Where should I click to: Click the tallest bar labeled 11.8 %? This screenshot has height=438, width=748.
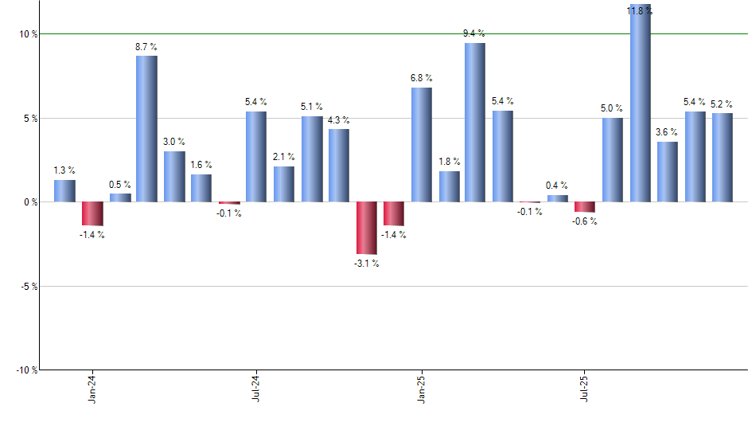pyautogui.click(x=641, y=104)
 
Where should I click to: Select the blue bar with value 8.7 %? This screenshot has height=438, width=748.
pyautogui.click(x=146, y=128)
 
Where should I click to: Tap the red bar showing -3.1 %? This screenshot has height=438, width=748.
pyautogui.click(x=367, y=228)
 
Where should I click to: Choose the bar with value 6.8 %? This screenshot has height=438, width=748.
pyautogui.click(x=421, y=144)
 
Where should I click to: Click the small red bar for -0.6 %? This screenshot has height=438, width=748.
pyautogui.click(x=585, y=207)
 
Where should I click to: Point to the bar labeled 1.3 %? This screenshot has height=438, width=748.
pyautogui.click(x=64, y=191)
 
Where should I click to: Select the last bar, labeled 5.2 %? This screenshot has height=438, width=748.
pyautogui.click(x=723, y=157)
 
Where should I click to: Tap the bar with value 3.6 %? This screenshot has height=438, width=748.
pyautogui.click(x=668, y=171)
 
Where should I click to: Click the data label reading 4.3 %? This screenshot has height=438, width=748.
pyautogui.click(x=339, y=120)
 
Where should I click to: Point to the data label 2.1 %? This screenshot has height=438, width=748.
pyautogui.click(x=284, y=157)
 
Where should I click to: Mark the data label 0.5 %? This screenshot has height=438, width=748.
pyautogui.click(x=120, y=185)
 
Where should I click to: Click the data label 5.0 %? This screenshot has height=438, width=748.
pyautogui.click(x=613, y=108)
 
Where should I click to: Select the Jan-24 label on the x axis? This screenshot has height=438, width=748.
pyautogui.click(x=93, y=386)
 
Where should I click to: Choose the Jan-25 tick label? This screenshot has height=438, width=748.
pyautogui.click(x=421, y=386)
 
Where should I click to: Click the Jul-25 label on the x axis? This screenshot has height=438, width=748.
pyautogui.click(x=585, y=386)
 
